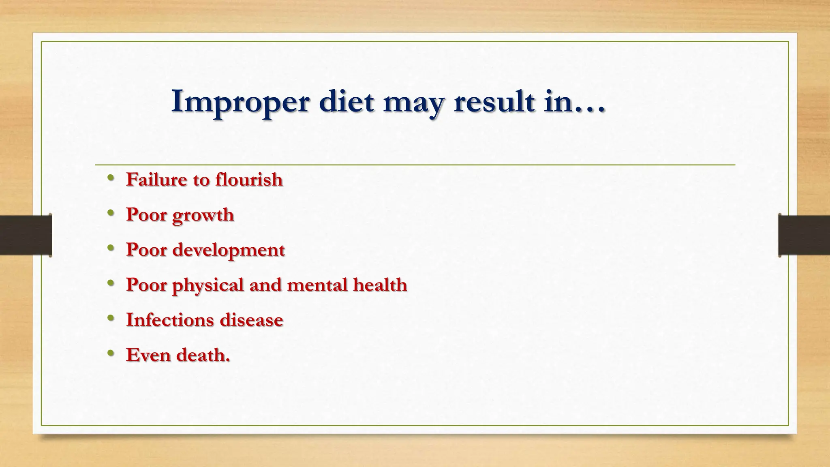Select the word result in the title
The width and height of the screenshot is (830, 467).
coord(494,101)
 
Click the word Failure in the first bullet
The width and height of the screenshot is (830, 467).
coord(156,179)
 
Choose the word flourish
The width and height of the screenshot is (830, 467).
coord(249,179)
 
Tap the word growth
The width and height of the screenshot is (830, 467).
coord(203,215)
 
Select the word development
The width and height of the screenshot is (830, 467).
coord(229,250)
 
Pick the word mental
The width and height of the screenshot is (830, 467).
coord(317,285)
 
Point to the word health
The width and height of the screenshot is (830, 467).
coord(380,285)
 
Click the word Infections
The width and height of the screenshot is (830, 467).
coord(170,320)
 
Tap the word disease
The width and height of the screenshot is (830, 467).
coord(251,320)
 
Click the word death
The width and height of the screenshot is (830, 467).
coord(203,355)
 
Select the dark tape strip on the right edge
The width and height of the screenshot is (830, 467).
coord(804,235)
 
